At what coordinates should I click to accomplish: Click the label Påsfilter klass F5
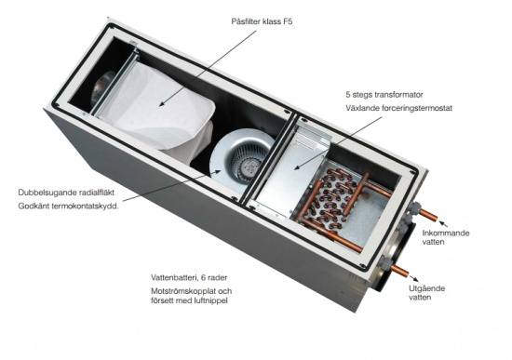click(262, 22)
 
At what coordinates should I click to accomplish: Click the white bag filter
click(160, 111)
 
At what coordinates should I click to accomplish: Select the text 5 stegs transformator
click(384, 95)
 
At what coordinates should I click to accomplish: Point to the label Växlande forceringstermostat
click(399, 108)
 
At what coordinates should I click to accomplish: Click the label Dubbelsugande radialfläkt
click(66, 193)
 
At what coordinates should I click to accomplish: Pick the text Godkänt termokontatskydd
click(69, 207)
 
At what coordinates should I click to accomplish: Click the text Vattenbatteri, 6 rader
click(189, 278)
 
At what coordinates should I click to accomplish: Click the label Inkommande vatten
click(446, 237)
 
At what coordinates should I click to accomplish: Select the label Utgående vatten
click(426, 293)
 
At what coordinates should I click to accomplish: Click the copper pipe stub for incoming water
click(428, 215)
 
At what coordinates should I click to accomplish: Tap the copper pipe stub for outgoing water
click(399, 270)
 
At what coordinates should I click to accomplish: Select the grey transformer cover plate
click(288, 173)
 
